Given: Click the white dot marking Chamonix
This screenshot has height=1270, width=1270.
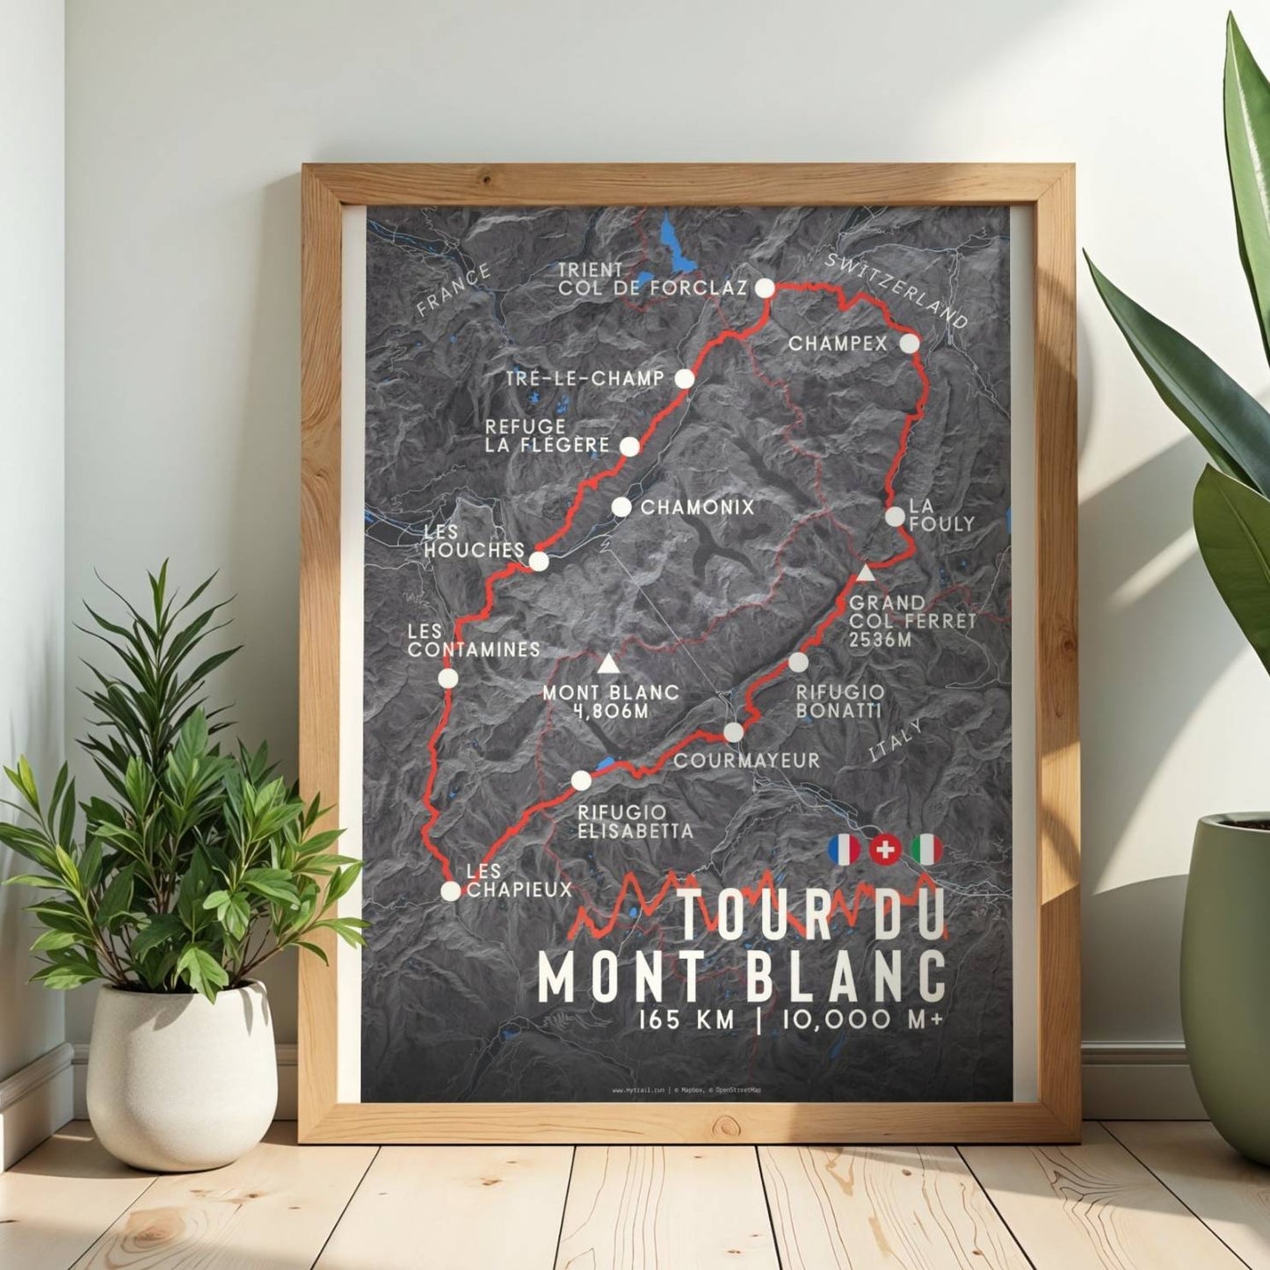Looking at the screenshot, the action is (621, 507).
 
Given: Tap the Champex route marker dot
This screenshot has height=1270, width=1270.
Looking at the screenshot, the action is (911, 344).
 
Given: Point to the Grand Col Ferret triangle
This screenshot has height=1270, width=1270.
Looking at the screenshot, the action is (866, 574).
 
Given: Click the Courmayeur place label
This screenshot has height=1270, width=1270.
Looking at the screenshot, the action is (746, 760).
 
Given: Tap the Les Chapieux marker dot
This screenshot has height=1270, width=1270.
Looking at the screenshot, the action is (450, 891).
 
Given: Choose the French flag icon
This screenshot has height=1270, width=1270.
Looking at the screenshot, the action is (844, 850).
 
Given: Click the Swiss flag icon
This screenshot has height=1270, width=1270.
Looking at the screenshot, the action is (885, 850).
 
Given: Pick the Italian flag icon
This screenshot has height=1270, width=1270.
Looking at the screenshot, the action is (926, 850).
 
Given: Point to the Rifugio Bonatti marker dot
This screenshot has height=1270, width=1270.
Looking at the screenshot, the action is (798, 662).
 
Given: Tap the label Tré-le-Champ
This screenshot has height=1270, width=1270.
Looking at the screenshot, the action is (584, 379).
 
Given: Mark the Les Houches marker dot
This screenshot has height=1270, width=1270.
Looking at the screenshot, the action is (539, 561).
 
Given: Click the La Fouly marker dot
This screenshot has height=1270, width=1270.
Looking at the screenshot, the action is (895, 517).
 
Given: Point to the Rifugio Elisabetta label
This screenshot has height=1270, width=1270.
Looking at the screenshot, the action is (635, 822).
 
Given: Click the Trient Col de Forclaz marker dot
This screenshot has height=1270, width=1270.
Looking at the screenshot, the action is (765, 287).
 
